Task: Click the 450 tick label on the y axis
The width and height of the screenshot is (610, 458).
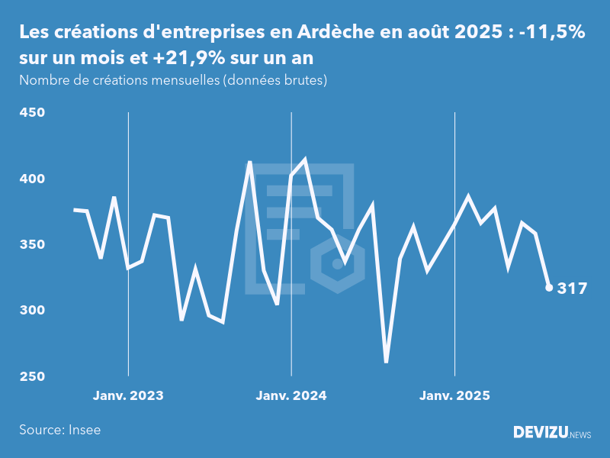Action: pos(31,113)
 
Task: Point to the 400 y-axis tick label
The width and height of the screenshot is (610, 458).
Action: pos(31,179)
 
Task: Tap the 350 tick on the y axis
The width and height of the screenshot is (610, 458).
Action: pos(31,245)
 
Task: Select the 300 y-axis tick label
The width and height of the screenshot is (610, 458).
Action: pos(31,311)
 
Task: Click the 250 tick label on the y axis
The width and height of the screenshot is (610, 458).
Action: pos(31,377)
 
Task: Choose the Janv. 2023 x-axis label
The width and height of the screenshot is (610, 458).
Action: pos(128,396)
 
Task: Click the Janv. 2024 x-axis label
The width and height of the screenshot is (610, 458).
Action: pos(291,396)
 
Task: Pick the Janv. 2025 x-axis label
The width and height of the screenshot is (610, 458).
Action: pos(454,396)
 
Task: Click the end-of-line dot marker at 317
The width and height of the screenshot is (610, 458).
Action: pos(549,288)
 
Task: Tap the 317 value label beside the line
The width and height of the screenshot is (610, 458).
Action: pos(573,289)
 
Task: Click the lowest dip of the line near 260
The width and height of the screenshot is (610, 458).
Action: pos(387,362)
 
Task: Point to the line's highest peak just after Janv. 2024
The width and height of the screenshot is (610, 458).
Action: pos(305,160)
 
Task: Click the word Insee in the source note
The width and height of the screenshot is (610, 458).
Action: pos(84,430)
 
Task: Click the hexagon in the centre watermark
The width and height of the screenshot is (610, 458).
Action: pos(336,264)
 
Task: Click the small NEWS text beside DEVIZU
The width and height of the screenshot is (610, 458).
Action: pos(580,435)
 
